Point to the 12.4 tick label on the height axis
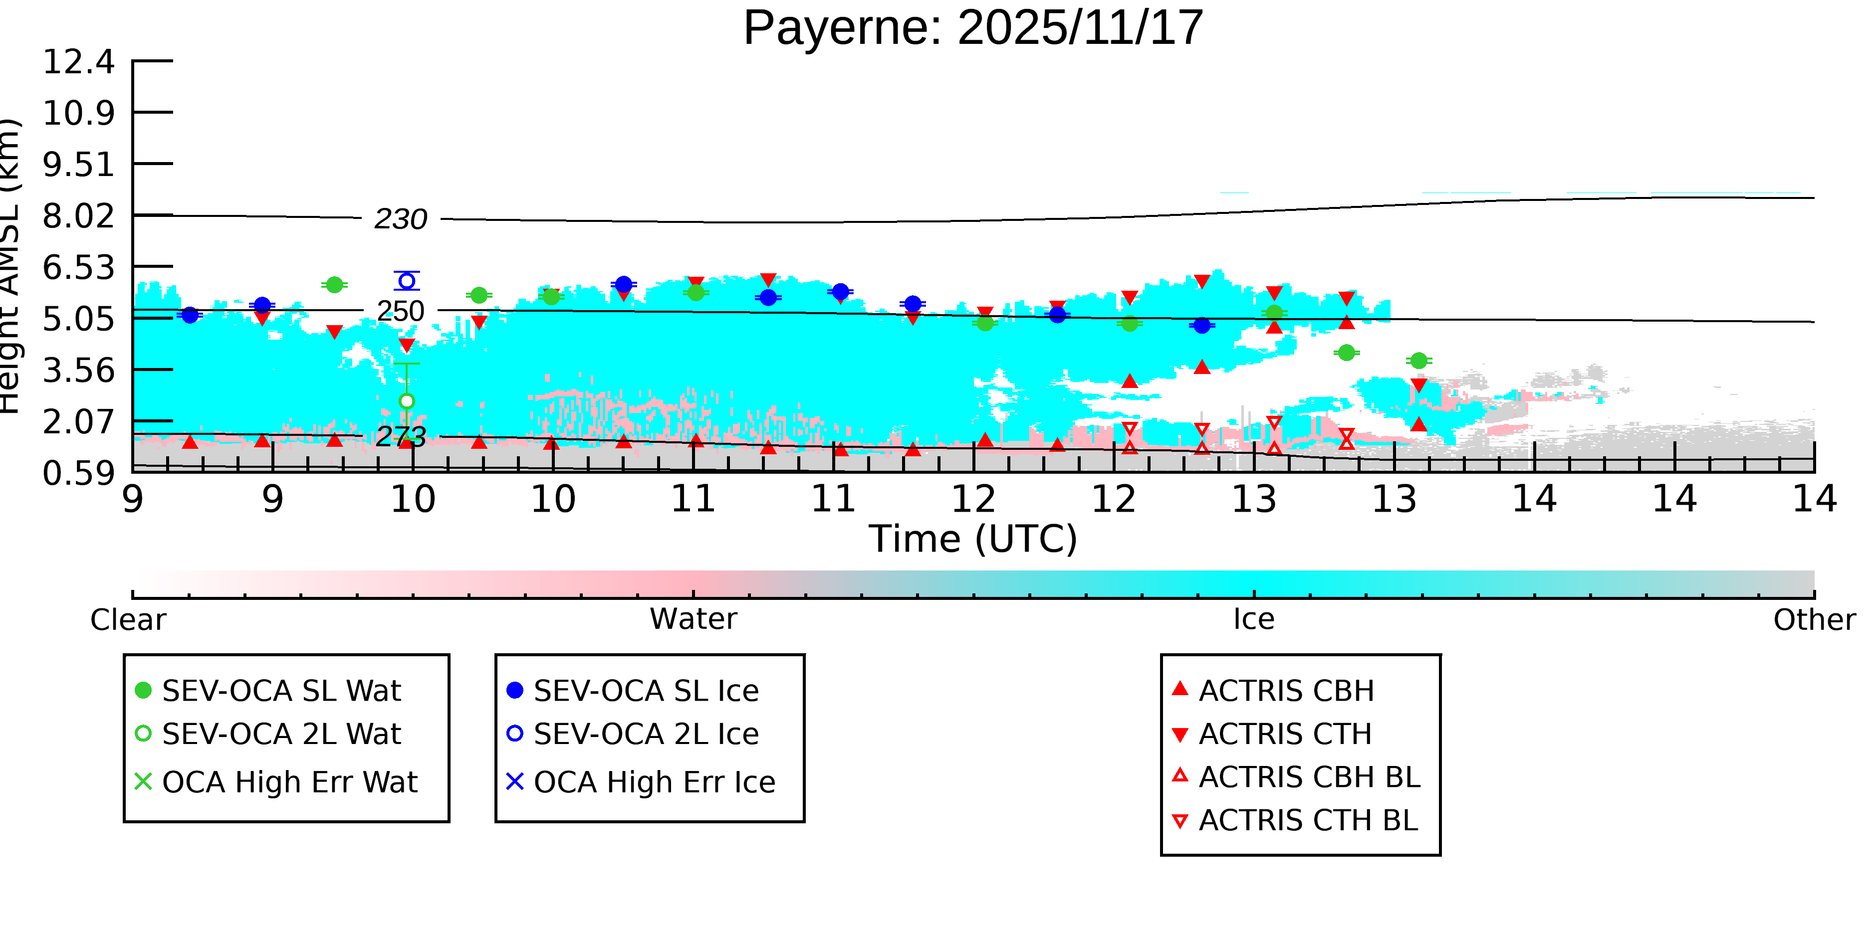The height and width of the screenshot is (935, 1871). tap(78, 62)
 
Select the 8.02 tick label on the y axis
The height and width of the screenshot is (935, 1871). tap(78, 216)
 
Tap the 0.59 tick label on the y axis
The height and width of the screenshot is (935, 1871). tap(78, 473)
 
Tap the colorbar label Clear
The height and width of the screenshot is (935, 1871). tap(128, 620)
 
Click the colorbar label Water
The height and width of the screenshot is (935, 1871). tap(693, 619)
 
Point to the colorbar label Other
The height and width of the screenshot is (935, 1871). tap(1814, 620)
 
